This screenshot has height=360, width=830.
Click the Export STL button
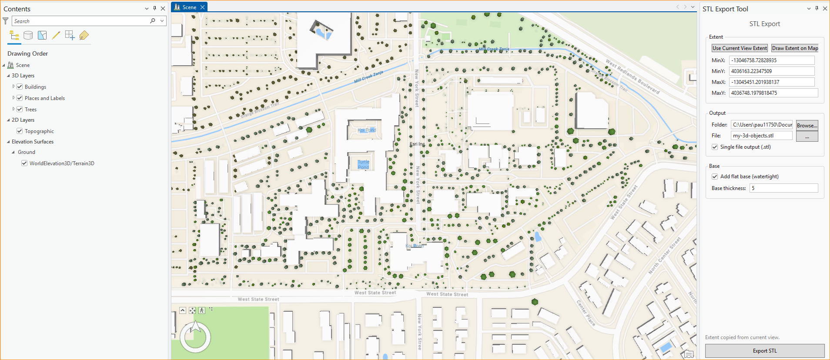[764, 351]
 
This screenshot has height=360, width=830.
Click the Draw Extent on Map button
[795, 48]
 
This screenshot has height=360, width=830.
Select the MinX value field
[771, 60]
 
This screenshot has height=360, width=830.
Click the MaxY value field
[773, 93]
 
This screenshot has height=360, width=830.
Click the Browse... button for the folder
[807, 125]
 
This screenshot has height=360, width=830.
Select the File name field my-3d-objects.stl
[761, 136]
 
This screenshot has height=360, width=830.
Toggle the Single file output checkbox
[715, 147]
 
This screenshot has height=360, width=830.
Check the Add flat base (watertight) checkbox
[715, 177]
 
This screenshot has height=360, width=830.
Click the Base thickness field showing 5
[783, 188]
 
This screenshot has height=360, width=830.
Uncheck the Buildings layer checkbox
[20, 87]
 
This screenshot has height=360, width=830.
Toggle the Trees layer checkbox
[20, 110]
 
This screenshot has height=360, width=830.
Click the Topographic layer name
[39, 131]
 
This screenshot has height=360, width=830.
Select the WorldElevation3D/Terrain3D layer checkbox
[24, 163]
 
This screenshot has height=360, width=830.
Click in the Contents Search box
[80, 21]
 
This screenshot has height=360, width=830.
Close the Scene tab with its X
[202, 7]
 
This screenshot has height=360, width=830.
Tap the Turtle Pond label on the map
[363, 164]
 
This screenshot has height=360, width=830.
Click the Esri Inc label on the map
[417, 144]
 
